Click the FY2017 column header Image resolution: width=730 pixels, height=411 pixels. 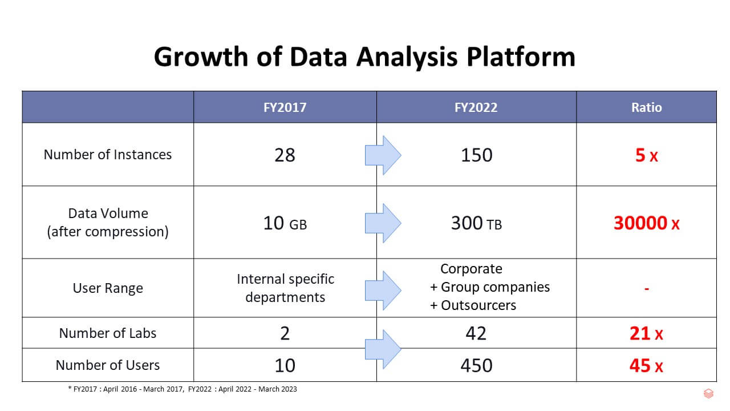point(285,107)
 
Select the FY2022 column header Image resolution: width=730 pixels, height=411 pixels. point(476,107)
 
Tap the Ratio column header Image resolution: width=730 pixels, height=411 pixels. point(647,107)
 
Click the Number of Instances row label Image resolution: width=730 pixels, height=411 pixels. point(108,154)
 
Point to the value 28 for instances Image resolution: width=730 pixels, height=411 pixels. point(285,155)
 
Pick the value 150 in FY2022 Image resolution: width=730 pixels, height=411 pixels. point(476,155)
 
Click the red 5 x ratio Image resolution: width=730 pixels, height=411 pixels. point(647,155)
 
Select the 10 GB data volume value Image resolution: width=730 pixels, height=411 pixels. point(285,223)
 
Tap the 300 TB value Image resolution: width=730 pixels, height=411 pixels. point(476,223)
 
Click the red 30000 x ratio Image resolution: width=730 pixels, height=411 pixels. point(647,223)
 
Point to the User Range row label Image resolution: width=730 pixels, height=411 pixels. point(108,288)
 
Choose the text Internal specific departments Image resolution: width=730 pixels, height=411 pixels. point(285,288)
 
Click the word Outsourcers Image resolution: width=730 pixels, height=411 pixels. point(478,305)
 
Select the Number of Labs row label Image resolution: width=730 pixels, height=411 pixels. point(108,333)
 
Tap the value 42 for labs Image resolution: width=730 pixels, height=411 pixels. point(476,333)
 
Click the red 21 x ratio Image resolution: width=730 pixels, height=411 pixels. point(646,334)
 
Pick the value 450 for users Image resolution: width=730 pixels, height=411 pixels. point(476,365)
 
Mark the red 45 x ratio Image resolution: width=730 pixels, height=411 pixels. point(646,366)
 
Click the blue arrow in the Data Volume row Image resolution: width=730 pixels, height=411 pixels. point(383,223)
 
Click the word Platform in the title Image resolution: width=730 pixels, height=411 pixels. point(521,57)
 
